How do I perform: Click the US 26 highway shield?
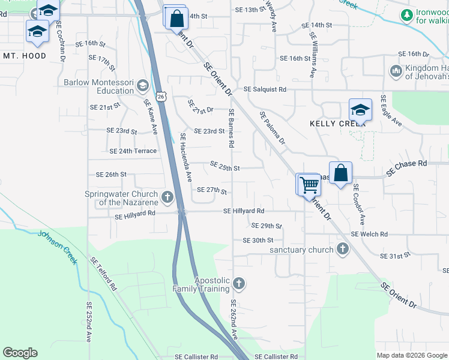161,96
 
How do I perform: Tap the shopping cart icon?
310,185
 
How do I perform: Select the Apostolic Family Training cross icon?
239,283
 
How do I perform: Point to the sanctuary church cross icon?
342,249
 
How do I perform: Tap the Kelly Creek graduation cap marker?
360,110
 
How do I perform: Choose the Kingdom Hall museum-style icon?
396,72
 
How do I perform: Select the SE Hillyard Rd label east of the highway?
244,211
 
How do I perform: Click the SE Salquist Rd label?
265,89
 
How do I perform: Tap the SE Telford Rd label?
103,274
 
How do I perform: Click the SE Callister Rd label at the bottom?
276,356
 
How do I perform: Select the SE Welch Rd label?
369,234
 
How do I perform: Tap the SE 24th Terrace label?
133,151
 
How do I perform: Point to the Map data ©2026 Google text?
411,355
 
